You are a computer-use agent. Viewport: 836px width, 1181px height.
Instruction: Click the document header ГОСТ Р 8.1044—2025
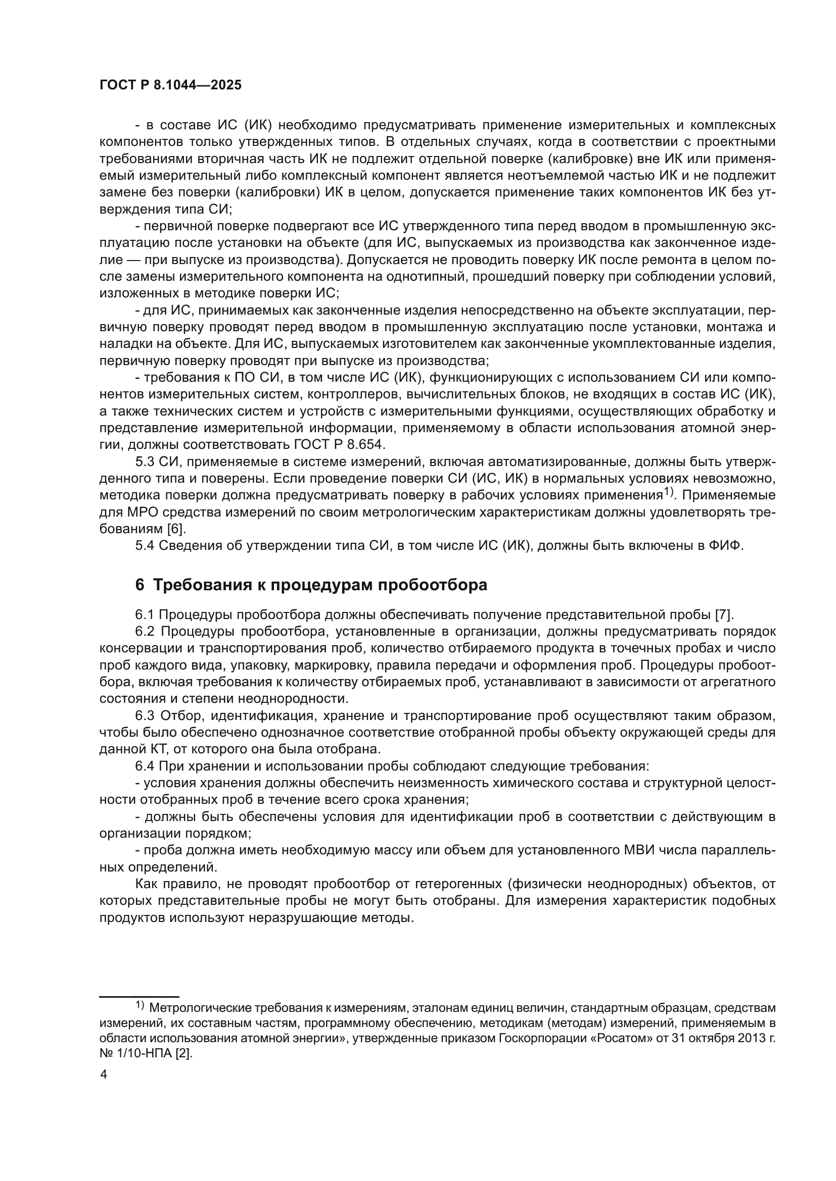coord(170,85)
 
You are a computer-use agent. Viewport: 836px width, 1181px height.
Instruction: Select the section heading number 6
coord(140,585)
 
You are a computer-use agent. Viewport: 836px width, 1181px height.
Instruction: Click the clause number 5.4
coord(145,546)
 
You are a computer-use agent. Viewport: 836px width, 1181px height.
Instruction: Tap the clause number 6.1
coord(145,614)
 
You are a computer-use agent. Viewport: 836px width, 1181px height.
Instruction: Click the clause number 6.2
coord(145,631)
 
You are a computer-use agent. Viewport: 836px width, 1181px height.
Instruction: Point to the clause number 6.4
coord(145,766)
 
